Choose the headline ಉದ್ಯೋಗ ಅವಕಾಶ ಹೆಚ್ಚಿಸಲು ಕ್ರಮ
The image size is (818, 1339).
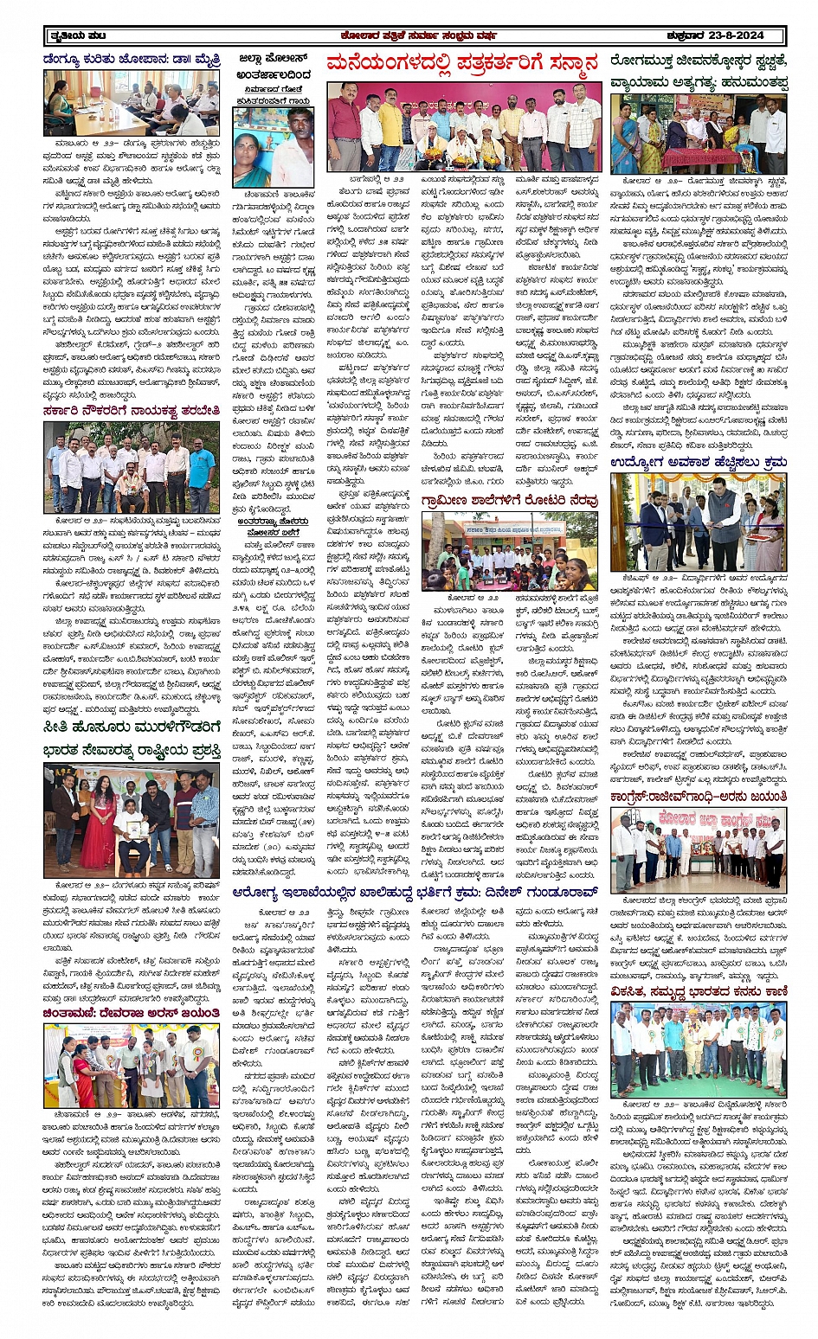click(698, 464)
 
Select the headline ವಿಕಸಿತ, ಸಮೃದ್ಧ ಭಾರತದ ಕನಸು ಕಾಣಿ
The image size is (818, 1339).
click(698, 990)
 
